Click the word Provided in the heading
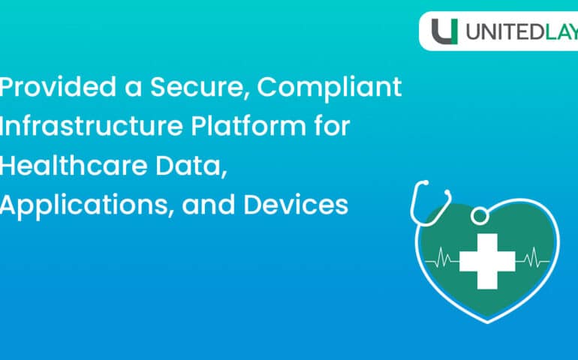pos(53,88)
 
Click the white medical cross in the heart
pos(487,259)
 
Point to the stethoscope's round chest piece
pos(478,216)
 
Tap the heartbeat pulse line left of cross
pos(441,259)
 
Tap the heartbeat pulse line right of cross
pos(534,259)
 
